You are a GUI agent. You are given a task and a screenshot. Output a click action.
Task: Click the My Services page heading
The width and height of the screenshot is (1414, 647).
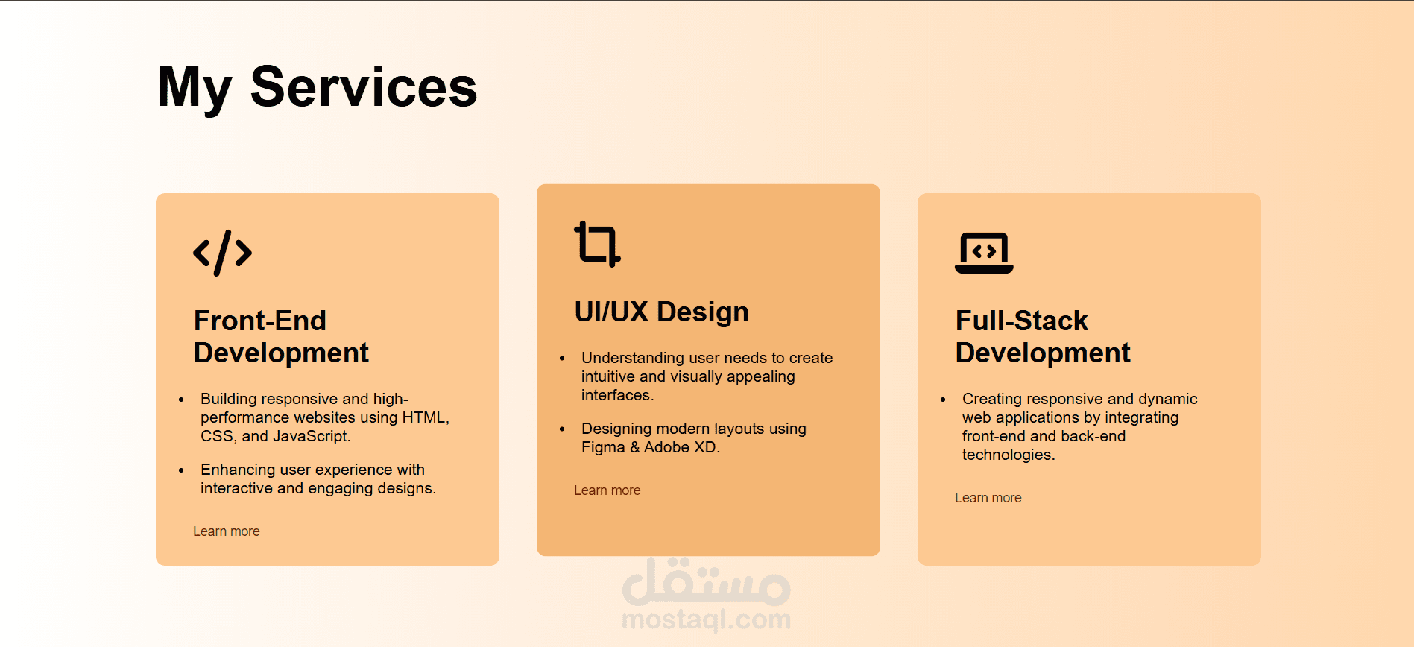pos(317,88)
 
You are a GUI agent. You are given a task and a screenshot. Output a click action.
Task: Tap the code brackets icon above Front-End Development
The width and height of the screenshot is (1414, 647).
pos(222,253)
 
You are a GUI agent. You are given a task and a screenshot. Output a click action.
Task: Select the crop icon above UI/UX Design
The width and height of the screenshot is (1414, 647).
pos(597,243)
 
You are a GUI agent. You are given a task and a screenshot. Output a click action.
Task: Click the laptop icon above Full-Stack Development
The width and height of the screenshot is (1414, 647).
pos(984,253)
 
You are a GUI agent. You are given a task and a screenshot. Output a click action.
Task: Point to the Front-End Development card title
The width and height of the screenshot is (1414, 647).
pos(281,337)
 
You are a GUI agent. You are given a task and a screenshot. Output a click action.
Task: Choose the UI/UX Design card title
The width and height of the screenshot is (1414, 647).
pos(661,312)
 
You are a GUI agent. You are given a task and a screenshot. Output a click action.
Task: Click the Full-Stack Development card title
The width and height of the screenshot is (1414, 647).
pos(1043,337)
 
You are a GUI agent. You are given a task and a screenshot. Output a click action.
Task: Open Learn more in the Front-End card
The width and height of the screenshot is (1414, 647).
pos(227,531)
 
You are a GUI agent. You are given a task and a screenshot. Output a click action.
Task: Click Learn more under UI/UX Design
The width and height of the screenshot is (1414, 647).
pos(607,490)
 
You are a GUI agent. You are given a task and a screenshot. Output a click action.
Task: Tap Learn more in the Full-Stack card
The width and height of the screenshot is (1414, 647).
pos(988,498)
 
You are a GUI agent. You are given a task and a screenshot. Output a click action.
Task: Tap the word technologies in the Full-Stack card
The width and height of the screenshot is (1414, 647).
pos(1007,455)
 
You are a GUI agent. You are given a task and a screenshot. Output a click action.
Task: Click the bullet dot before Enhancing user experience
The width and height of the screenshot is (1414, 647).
pos(181,470)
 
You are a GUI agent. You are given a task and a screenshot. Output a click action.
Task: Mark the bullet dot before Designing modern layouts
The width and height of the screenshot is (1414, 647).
pos(562,429)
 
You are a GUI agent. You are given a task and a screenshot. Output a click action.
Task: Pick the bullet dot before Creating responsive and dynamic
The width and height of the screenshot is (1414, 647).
pos(943,400)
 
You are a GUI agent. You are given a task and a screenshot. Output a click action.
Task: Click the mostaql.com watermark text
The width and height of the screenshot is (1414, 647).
pos(707,619)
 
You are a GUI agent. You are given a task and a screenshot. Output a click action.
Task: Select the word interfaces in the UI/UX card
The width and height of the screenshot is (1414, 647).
pos(616,395)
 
